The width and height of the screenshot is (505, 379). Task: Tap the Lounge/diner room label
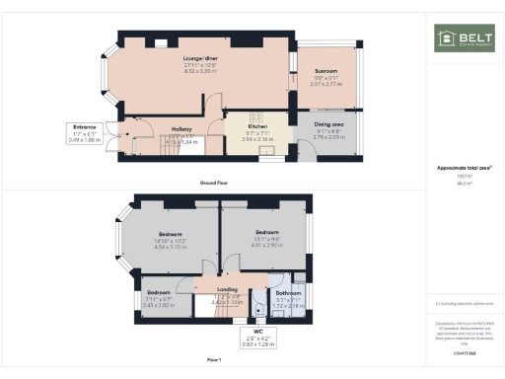tap(198, 58)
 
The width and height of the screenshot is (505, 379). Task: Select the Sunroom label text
tap(326, 72)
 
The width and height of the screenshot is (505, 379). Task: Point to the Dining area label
tap(328, 123)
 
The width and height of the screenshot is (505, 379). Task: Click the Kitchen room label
tap(257, 127)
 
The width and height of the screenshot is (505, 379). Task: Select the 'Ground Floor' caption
tap(214, 184)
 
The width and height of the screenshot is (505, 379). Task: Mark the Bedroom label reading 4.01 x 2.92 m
tap(262, 231)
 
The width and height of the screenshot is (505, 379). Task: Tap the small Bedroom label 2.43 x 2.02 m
tap(159, 293)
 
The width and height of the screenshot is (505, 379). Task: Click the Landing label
tap(228, 290)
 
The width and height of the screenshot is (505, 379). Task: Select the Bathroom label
tap(287, 293)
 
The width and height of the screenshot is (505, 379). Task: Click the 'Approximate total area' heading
tap(464, 168)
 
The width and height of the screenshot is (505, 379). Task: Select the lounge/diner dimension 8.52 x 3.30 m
tap(198, 72)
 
